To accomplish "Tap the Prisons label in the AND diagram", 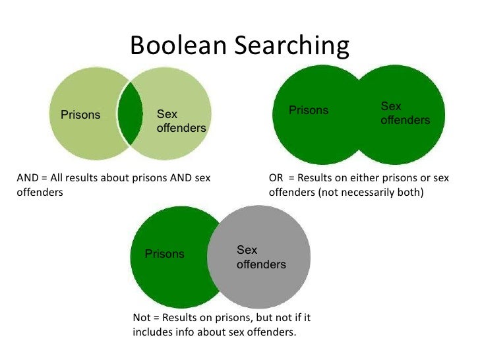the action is tap(80, 115).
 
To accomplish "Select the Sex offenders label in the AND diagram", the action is tap(181, 121).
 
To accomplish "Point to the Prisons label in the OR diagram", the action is tap(309, 110).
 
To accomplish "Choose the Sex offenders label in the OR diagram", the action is tap(405, 113).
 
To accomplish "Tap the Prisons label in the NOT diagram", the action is tap(165, 254).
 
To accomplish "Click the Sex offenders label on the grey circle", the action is tap(261, 257).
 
